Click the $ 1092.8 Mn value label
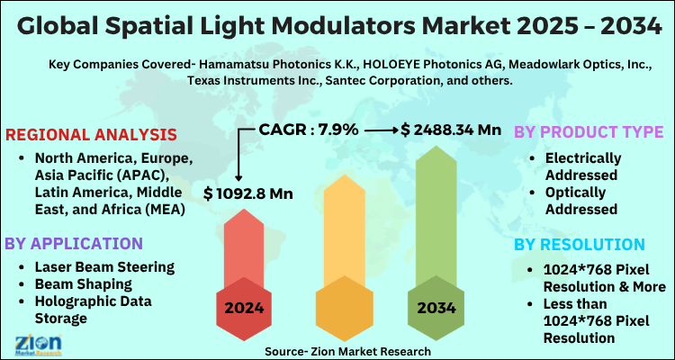pyautogui.click(x=248, y=193)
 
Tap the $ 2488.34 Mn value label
pyautogui.click(x=451, y=130)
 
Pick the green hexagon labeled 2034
pyautogui.click(x=436, y=308)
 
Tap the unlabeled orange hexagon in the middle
pyautogui.click(x=340, y=308)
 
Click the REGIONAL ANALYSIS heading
pyautogui.click(x=91, y=135)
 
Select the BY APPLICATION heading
pyautogui.click(x=74, y=243)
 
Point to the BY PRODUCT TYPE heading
pyautogui.click(x=589, y=131)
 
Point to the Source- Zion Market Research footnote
pyautogui.click(x=348, y=351)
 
